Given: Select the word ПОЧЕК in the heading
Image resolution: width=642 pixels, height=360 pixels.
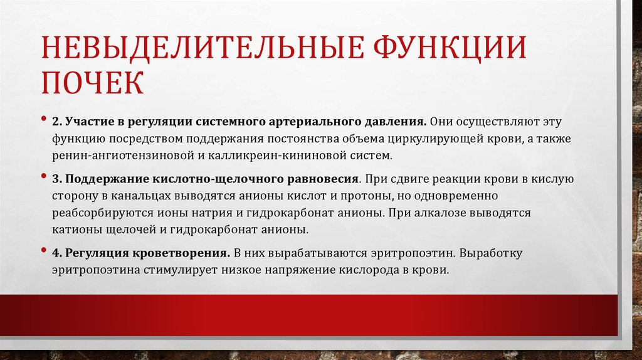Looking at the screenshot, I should pyautogui.click(x=92, y=83).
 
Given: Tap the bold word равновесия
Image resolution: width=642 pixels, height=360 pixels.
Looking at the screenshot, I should pyautogui.click(x=316, y=180).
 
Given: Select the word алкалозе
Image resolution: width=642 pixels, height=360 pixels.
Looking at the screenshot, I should pyautogui.click(x=439, y=213).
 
